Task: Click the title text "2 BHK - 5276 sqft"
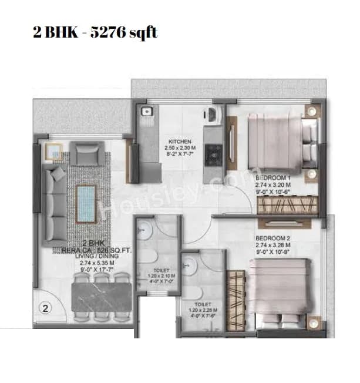[95, 32]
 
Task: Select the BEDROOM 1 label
[274, 177]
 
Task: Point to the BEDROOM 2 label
[274, 238]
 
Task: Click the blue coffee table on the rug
[86, 201]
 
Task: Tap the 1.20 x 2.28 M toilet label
[200, 314]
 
